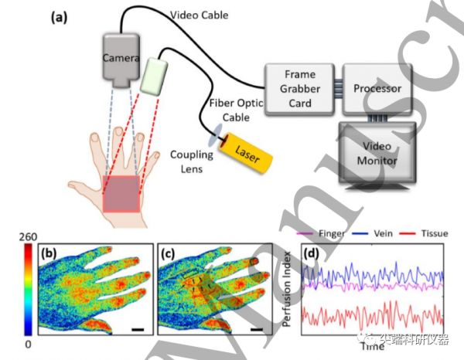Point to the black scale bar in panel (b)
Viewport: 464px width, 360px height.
[138, 330]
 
